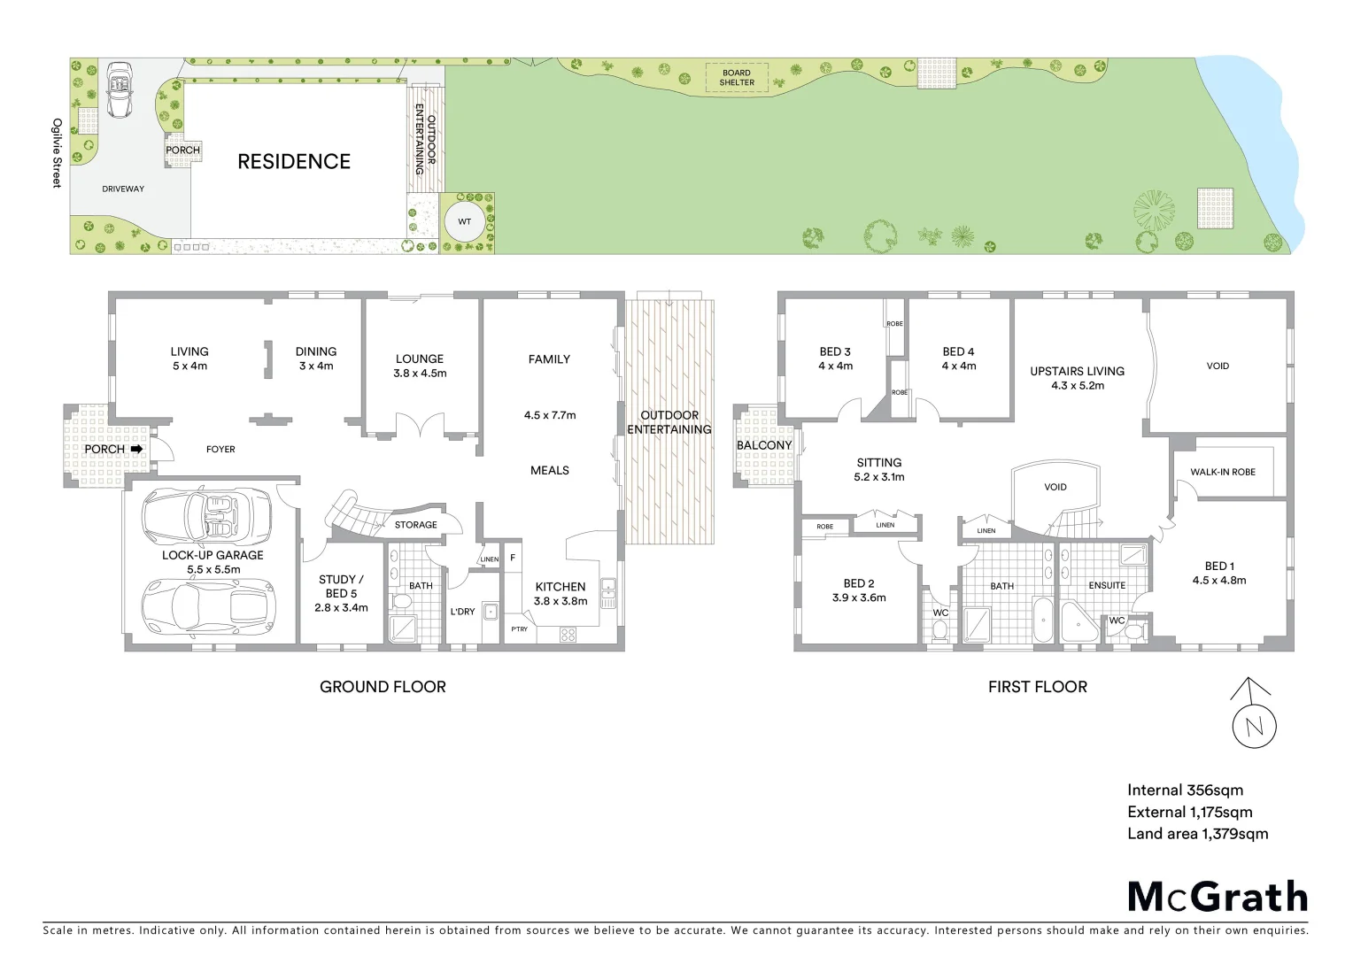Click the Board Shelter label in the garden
[x=737, y=78]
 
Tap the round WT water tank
[x=464, y=221]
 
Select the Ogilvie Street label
[x=57, y=153]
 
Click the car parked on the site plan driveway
[x=118, y=89]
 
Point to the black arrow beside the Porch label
[x=136, y=450]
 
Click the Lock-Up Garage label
[x=213, y=555]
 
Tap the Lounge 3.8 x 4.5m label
[x=420, y=366]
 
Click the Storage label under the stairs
[x=415, y=525]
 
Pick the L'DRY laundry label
[x=462, y=612]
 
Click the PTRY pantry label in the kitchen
[x=519, y=629]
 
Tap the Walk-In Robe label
[x=1222, y=472]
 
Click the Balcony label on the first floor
[x=763, y=445]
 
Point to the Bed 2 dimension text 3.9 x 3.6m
[x=859, y=597]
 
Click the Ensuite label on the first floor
[x=1107, y=585]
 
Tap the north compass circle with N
[x=1254, y=728]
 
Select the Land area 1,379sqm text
[x=1197, y=833]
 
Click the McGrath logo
[x=1218, y=897]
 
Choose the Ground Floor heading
[x=383, y=687]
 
